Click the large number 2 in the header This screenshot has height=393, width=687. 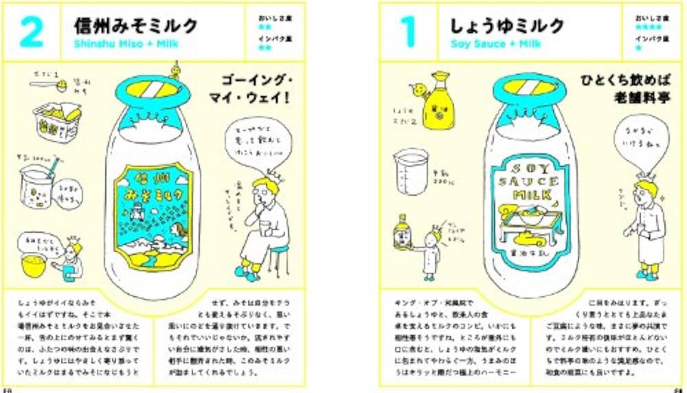(x=32, y=32)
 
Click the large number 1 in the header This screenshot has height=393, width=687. (x=407, y=32)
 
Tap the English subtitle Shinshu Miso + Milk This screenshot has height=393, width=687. (x=125, y=45)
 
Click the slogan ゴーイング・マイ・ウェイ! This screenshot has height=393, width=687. (x=256, y=88)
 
